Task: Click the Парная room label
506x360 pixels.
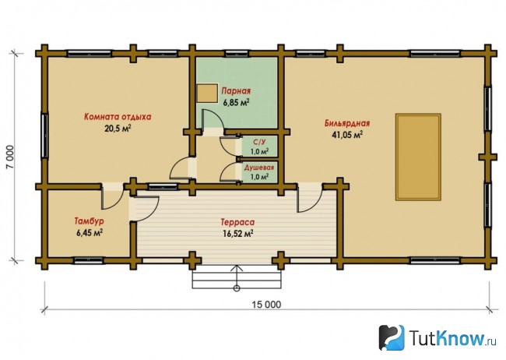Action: coord(236,91)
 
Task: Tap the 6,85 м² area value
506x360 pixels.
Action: coord(236,102)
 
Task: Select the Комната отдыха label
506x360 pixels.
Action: coord(118,117)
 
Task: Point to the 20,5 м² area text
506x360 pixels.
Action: coord(118,129)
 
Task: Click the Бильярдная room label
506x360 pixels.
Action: coord(347,123)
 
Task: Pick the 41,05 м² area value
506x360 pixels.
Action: coord(347,135)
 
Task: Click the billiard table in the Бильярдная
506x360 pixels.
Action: coord(418,157)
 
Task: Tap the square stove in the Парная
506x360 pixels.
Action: coord(207,93)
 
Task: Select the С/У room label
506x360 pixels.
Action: coord(259,142)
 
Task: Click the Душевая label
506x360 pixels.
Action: coord(259,168)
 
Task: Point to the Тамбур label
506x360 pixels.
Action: coord(90,221)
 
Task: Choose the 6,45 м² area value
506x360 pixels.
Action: coord(90,233)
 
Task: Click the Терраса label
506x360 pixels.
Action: coord(238,222)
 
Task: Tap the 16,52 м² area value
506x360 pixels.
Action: coord(238,233)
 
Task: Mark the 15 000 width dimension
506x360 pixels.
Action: coord(266,305)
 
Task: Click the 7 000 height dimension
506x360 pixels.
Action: coord(10,157)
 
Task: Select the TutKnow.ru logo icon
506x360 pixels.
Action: coord(392,337)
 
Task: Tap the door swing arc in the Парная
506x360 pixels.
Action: coord(213,118)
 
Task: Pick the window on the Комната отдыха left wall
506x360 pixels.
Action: coord(44,136)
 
